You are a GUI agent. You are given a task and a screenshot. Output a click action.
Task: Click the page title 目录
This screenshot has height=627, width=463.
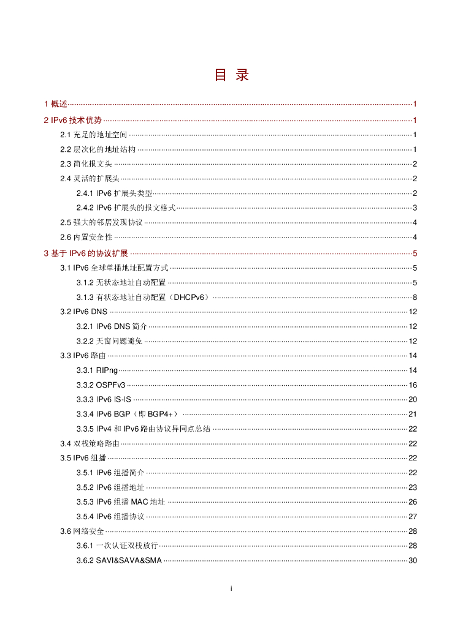pos(231,75)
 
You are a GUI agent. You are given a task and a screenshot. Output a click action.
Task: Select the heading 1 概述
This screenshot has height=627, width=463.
pos(56,104)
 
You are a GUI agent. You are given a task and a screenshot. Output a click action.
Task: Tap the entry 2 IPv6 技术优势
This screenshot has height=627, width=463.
pos(73,120)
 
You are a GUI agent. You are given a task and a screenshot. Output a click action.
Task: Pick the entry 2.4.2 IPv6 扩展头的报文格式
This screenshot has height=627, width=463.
pos(126,208)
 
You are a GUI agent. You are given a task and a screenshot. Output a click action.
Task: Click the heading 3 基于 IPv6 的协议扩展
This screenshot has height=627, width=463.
pos(86,253)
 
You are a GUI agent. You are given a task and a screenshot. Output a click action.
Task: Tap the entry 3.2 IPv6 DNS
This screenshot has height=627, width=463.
pos(83,312)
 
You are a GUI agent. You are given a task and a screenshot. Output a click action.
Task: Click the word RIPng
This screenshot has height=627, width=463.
pos(107,370)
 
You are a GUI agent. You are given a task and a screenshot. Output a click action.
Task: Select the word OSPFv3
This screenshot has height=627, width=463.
pos(110,385)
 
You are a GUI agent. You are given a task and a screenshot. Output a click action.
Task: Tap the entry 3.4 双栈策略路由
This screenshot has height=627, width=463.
pos(90,443)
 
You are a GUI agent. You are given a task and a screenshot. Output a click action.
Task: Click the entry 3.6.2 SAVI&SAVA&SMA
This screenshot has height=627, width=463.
pos(119,561)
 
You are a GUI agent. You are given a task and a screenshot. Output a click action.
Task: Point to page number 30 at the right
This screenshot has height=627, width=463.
pos(413,561)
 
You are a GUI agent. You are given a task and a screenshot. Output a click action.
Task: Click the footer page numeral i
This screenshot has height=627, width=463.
pos(231,588)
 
